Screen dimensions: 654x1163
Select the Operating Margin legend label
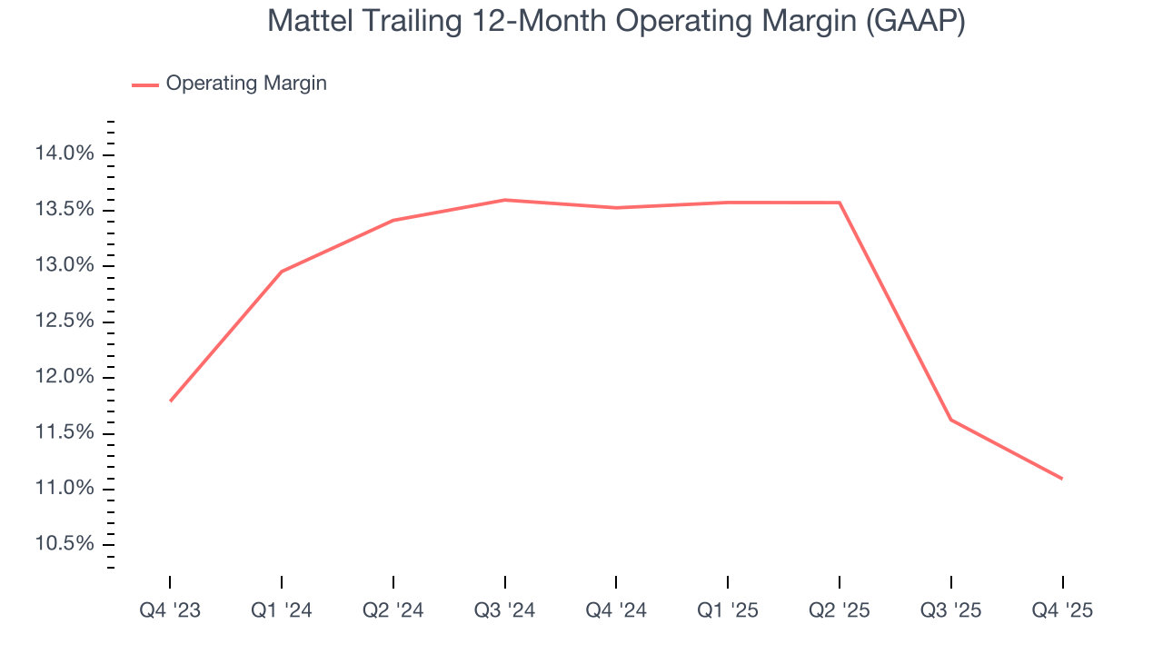click(246, 84)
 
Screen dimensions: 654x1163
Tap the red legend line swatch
click(145, 84)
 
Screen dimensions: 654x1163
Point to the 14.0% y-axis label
click(65, 154)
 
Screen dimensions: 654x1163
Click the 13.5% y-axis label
click(65, 210)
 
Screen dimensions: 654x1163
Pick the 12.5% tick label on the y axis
click(65, 322)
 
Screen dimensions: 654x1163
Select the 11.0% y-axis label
click(65, 489)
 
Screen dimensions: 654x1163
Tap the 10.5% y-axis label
click(65, 544)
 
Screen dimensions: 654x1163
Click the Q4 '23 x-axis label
click(170, 610)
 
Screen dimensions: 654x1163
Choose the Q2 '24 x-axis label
click(393, 610)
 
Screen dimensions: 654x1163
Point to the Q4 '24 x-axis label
click(616, 610)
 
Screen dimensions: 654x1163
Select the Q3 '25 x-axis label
click(951, 610)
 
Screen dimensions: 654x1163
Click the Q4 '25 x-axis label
click(1062, 610)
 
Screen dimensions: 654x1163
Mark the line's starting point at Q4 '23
click(170, 401)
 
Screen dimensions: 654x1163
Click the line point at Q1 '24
click(282, 272)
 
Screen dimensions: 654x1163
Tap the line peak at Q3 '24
click(505, 200)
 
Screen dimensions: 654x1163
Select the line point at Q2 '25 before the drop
click(840, 203)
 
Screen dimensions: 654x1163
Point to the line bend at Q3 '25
click(951, 420)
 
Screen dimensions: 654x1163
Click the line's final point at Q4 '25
click(1062, 479)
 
